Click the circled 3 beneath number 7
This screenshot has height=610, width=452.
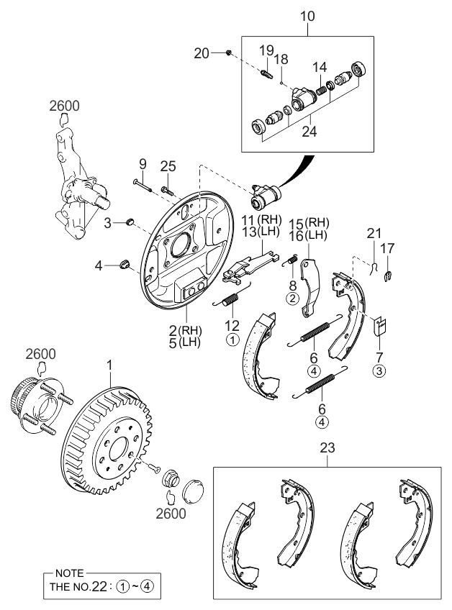click(379, 371)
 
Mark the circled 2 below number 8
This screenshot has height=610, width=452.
click(293, 297)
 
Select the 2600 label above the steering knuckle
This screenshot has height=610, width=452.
click(64, 106)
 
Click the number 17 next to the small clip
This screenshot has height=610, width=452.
click(388, 248)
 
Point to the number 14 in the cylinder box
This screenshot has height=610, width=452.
click(320, 67)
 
